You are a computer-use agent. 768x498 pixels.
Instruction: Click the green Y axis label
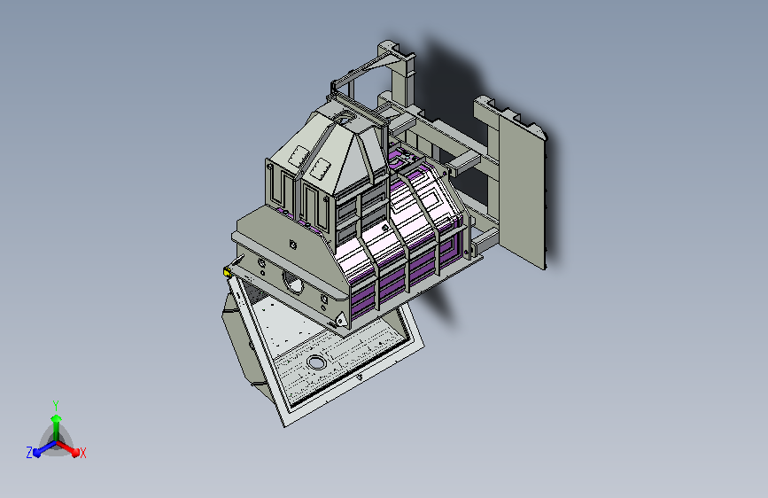coord(56,405)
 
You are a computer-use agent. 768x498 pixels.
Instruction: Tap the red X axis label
coord(82,453)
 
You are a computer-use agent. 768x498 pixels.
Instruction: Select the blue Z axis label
coord(29,453)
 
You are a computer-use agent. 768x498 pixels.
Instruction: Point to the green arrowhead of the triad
coord(57,418)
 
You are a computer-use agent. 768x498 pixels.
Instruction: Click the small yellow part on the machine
coord(227,272)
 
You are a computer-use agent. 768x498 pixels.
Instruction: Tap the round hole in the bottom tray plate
coord(316,363)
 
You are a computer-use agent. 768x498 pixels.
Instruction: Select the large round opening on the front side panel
coord(293,283)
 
